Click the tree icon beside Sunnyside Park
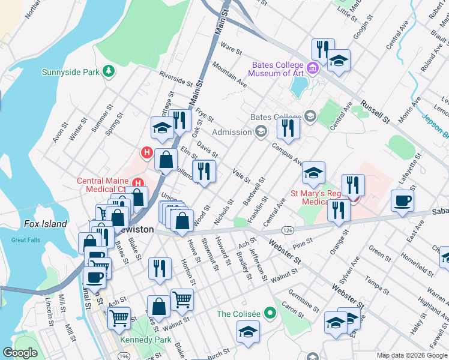tap(108, 72)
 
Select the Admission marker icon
tap(261, 131)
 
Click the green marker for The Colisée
tap(270, 313)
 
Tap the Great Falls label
tap(26, 240)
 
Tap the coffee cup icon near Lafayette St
tap(402, 200)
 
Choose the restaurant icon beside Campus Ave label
tap(288, 128)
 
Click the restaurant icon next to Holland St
tap(204, 171)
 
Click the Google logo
tap(20, 353)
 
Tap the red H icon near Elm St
tap(146, 154)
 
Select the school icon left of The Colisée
tap(247, 331)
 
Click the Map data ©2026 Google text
tap(412, 355)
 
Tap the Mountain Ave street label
tap(229, 76)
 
